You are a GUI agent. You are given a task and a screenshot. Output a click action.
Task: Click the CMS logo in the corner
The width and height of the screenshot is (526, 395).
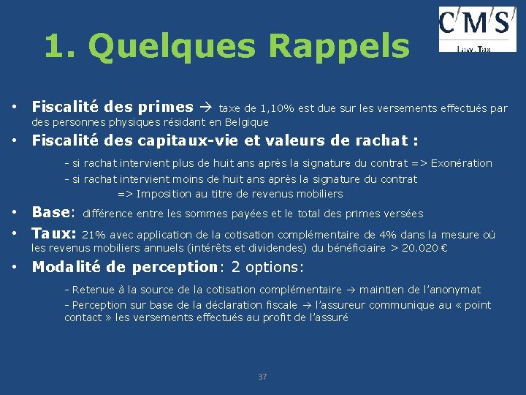[477, 29]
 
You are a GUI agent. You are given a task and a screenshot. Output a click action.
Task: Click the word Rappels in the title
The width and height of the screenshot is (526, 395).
[339, 46]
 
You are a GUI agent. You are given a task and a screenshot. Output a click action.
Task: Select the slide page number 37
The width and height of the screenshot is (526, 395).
[263, 377]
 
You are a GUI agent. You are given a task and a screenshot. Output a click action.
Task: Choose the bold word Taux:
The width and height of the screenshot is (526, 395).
[53, 234]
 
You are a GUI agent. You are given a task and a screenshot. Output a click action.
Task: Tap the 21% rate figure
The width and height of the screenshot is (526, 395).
[92, 235]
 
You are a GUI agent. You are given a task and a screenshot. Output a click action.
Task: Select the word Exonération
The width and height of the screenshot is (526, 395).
[462, 163]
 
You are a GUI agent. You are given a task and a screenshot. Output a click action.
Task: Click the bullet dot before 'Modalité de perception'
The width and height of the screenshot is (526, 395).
[15, 267]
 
